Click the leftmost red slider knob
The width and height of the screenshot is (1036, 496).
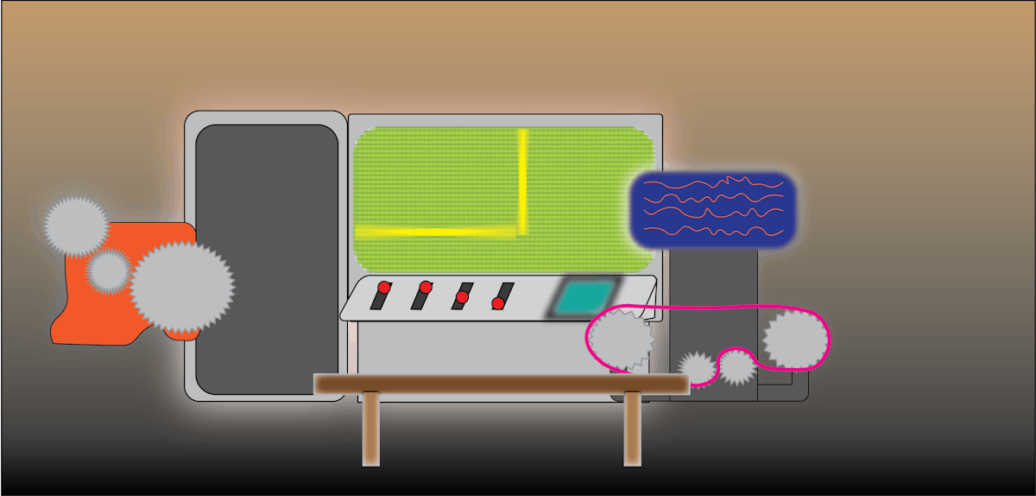(x=384, y=287)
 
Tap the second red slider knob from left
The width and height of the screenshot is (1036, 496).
(x=426, y=287)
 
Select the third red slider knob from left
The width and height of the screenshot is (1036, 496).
(x=462, y=297)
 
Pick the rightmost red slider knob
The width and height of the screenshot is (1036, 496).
(x=498, y=303)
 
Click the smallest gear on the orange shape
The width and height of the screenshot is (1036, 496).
(x=108, y=271)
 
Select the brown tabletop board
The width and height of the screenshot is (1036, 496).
(x=501, y=384)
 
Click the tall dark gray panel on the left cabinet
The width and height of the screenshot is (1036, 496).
(x=266, y=259)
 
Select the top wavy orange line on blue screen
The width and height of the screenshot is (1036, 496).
(x=713, y=183)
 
